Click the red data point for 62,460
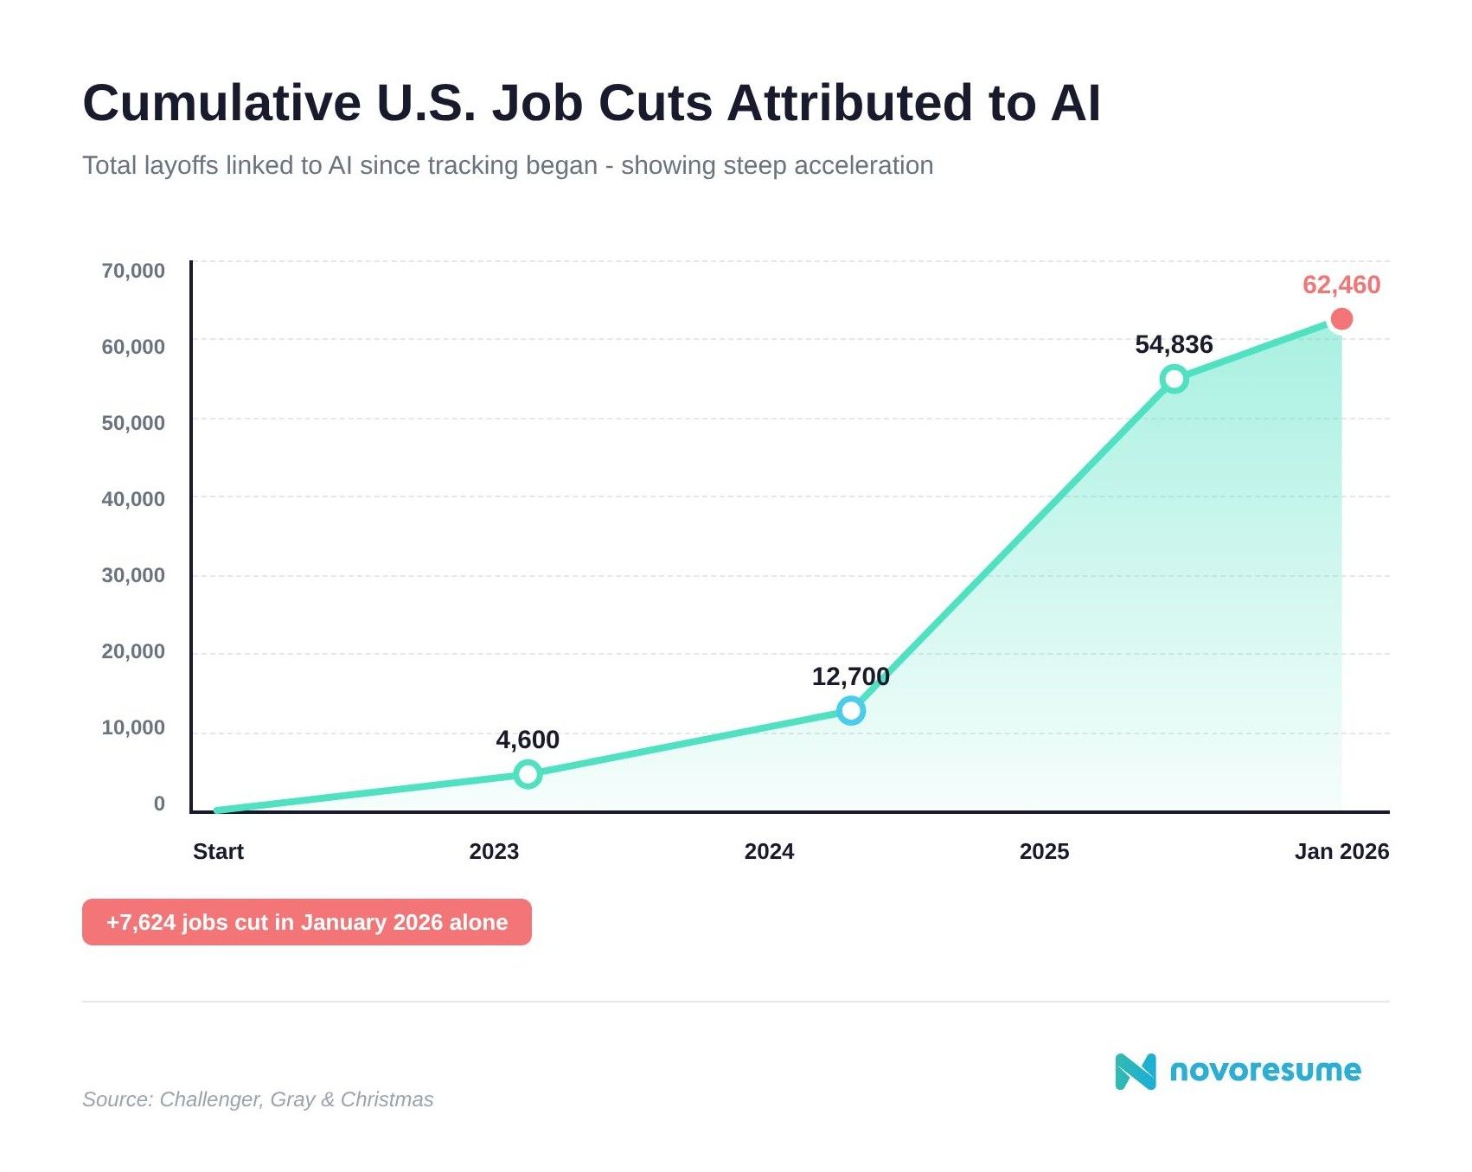pyautogui.click(x=1341, y=319)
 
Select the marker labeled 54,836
pyautogui.click(x=1174, y=378)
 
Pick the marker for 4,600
pyautogui.click(x=528, y=774)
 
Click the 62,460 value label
pyautogui.click(x=1341, y=285)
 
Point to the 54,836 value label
pyautogui.click(x=1174, y=344)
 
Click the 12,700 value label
pyautogui.click(x=850, y=676)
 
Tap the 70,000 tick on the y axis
pyautogui.click(x=133, y=271)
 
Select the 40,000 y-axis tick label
pyautogui.click(x=133, y=499)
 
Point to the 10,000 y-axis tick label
pyautogui.click(x=133, y=727)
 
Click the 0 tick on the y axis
pyautogui.click(x=159, y=804)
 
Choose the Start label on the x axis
pyautogui.click(x=218, y=851)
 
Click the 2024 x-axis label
pyautogui.click(x=769, y=851)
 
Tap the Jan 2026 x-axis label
pyautogui.click(x=1341, y=851)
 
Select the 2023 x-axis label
pyautogui.click(x=494, y=851)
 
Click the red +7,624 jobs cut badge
pyautogui.click(x=306, y=922)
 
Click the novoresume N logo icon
pyautogui.click(x=1135, y=1071)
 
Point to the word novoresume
pyautogui.click(x=1264, y=1071)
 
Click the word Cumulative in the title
pyautogui.click(x=221, y=103)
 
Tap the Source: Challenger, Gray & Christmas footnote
pyautogui.click(x=258, y=1099)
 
